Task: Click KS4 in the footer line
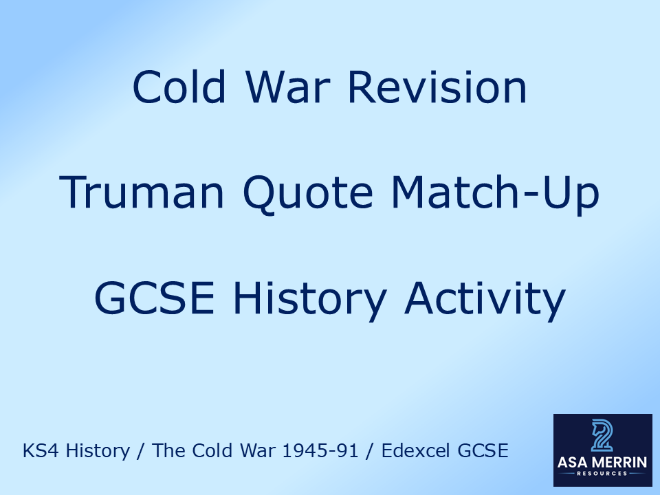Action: click(38, 451)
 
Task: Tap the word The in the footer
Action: click(166, 451)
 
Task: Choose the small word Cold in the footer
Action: click(206, 451)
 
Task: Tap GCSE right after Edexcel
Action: click(486, 451)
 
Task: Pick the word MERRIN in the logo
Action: click(619, 463)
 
